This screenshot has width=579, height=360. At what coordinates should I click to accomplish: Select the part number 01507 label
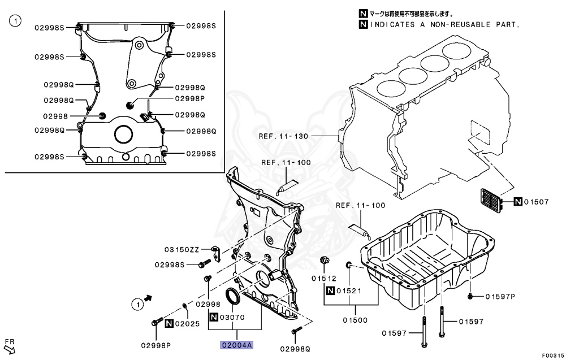(536, 202)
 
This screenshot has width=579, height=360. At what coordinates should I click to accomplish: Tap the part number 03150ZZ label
(182, 249)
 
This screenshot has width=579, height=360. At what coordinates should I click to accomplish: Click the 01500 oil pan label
(356, 320)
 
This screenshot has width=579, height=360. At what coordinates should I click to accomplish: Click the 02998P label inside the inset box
(189, 98)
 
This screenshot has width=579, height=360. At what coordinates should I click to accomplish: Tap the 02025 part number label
(187, 324)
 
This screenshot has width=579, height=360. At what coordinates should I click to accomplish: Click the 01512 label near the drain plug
(323, 278)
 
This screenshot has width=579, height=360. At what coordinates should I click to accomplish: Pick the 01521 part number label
(348, 291)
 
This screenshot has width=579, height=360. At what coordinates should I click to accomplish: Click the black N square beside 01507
(517, 202)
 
